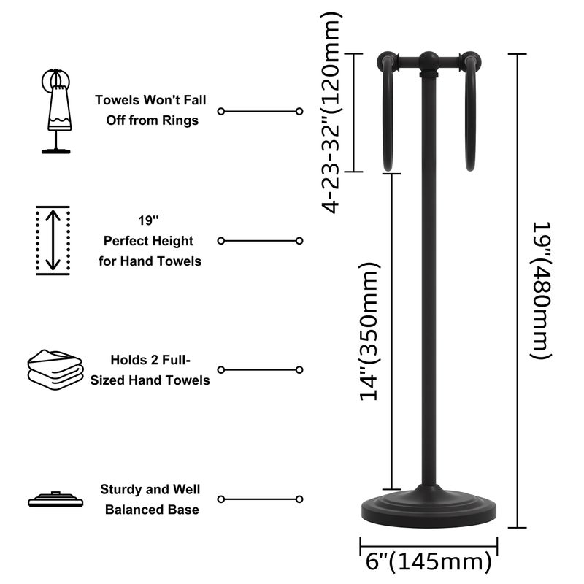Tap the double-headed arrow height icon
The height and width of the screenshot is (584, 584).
point(53,240)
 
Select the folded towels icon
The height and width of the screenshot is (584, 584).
point(55,369)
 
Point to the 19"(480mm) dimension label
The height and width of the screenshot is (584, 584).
point(539,290)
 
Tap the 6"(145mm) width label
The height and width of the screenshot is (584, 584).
point(428,562)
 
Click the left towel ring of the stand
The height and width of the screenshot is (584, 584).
point(387,117)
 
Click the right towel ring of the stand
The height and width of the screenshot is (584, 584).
point(471,117)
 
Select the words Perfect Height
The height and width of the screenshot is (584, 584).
point(148,240)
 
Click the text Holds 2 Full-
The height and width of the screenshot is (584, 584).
point(150,360)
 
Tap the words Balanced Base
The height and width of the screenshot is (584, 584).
point(152,510)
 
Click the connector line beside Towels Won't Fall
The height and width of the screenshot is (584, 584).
point(260,111)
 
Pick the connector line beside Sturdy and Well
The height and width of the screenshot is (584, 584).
point(260,499)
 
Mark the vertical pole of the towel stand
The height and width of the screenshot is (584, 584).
point(429,292)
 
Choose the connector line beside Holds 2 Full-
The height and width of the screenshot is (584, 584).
point(260,370)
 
